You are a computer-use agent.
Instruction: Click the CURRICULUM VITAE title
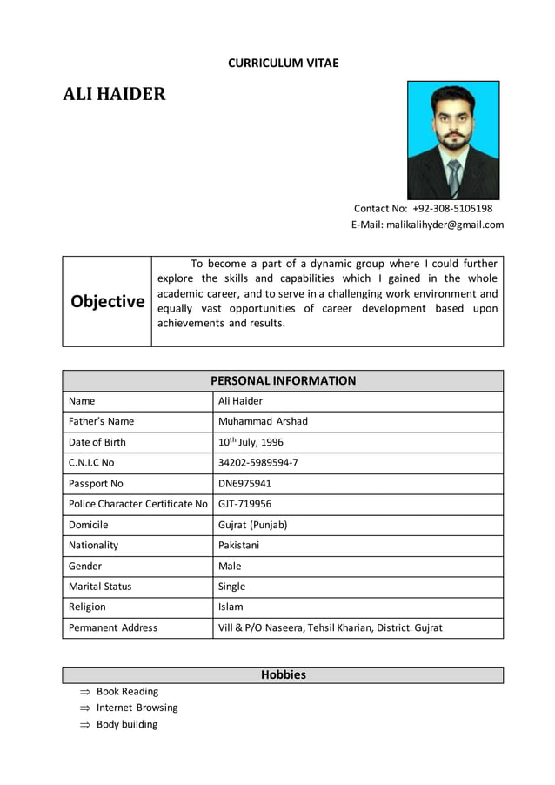[x=283, y=63]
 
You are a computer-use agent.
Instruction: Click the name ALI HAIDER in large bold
[x=114, y=94]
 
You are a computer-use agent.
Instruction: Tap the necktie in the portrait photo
[x=453, y=178]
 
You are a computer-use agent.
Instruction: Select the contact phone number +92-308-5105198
[x=452, y=209]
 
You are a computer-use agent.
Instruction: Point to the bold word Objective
[x=107, y=302]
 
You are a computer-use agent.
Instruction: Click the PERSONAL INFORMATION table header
[x=283, y=380]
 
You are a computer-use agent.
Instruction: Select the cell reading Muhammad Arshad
[x=263, y=421]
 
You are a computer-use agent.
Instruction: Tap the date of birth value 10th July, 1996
[x=250, y=442]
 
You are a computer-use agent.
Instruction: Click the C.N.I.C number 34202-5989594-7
[x=258, y=463]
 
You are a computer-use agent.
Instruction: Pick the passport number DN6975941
[x=245, y=483]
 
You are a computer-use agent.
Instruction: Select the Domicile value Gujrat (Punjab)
[x=252, y=525]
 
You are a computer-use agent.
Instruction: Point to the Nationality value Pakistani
[x=239, y=546]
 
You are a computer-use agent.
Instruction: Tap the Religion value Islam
[x=231, y=607]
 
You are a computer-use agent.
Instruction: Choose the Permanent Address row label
[x=113, y=627]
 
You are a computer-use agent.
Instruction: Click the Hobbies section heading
[x=283, y=674]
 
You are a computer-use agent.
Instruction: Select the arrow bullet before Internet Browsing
[x=85, y=708]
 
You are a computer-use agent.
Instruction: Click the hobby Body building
[x=127, y=724]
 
